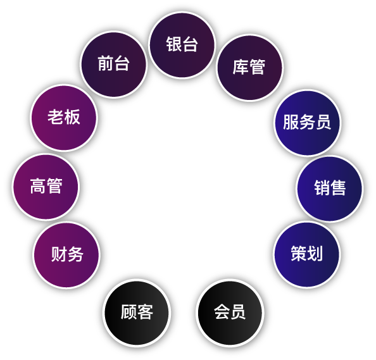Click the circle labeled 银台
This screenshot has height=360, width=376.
click(182, 45)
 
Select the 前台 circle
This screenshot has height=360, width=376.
click(113, 65)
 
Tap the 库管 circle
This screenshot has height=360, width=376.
click(249, 68)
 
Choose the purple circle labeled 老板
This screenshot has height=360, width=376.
click(64, 118)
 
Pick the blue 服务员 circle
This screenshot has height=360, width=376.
click(307, 123)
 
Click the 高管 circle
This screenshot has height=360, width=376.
click(46, 187)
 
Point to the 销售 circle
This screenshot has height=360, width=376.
click(330, 189)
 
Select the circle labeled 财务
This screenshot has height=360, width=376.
click(66, 254)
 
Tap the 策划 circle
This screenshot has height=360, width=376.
click(307, 254)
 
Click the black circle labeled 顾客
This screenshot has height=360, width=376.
click(137, 313)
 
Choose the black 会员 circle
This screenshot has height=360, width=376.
click(230, 313)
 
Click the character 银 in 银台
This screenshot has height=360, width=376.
click(174, 44)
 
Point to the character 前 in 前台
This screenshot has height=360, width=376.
click(106, 63)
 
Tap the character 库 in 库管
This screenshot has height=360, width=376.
click(241, 67)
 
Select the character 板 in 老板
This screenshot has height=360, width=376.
click(72, 117)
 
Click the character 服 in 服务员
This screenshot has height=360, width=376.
click(291, 122)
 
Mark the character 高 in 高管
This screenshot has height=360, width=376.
click(38, 186)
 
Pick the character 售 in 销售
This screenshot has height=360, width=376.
click(338, 188)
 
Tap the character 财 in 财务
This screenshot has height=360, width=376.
click(58, 254)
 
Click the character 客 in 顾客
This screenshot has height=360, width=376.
click(145, 312)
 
